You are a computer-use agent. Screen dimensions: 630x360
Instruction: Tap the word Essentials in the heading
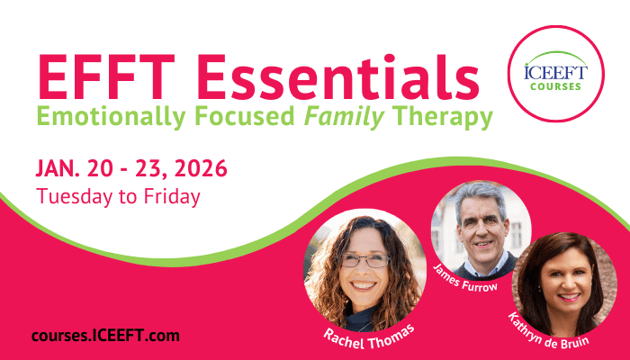(337, 76)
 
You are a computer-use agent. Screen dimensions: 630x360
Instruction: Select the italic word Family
(345, 117)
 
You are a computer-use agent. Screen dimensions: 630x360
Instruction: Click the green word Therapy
(443, 117)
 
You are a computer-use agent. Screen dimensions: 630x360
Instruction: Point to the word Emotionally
(112, 117)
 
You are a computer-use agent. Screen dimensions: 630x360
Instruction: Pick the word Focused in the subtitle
(245, 116)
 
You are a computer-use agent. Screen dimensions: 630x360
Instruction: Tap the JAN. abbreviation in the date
(58, 169)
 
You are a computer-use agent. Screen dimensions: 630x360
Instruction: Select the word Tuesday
(75, 197)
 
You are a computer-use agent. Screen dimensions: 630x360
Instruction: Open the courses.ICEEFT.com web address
(105, 336)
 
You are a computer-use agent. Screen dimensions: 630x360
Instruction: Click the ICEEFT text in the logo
(555, 73)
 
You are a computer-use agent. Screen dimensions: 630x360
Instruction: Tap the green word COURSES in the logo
(555, 86)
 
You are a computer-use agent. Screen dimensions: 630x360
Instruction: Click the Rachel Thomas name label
(369, 338)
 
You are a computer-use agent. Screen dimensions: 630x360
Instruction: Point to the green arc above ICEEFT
(555, 54)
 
